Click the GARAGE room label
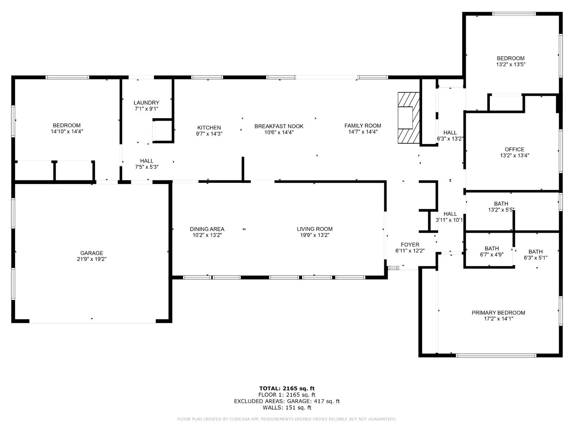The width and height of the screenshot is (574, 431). coord(91,253)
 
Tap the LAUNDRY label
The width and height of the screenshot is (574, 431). coord(146,103)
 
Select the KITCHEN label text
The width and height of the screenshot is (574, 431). coord(209,128)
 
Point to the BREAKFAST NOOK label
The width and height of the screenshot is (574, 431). coord(279,126)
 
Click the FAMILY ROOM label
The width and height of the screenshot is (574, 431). coord(362,126)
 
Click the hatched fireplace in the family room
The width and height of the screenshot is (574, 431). coord(408,118)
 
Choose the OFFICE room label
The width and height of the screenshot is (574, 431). coord(514,149)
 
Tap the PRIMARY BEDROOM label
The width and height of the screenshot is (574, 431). coord(498,313)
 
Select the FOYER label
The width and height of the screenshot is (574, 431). coord(410,245)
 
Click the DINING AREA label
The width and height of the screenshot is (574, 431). coord(207,229)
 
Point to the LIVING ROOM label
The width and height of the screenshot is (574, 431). coord(315,229)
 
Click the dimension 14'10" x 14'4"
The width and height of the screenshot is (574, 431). coord(67,131)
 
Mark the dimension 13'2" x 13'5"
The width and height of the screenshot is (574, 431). coord(510,65)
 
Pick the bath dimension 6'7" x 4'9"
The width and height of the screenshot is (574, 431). coord(492,254)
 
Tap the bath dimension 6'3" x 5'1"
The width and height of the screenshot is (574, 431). coord(535,258)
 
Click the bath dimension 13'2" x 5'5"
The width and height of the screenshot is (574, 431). coord(501,210)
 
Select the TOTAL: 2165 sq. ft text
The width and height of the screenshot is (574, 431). coord(287,388)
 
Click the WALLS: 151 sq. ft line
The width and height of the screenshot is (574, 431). coord(287,407)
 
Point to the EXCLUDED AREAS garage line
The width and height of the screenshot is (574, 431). coord(287,401)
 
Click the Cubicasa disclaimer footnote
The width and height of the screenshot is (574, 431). coord(287,419)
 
